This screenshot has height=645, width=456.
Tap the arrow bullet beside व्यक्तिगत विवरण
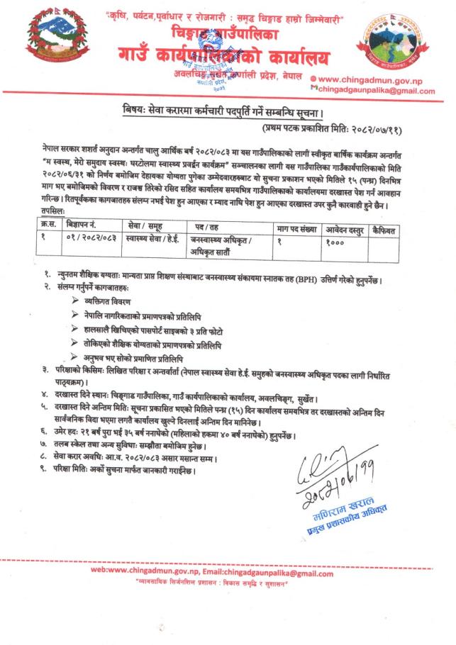(x=77, y=300)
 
